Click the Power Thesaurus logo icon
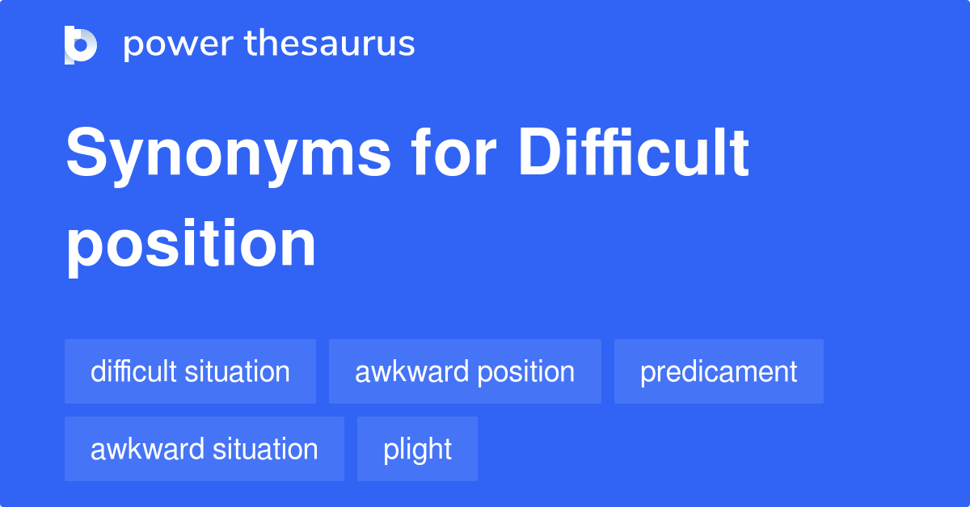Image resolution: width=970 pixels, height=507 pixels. [x=81, y=44]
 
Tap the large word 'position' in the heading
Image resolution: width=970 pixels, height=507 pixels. [x=191, y=245]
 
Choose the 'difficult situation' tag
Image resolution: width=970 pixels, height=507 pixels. [x=190, y=371]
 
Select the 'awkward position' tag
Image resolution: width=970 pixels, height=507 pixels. [x=465, y=371]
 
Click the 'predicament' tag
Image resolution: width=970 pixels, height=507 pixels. [x=719, y=371]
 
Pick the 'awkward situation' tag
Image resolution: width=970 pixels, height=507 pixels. [x=204, y=449]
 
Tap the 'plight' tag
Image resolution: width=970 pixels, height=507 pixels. [x=417, y=449]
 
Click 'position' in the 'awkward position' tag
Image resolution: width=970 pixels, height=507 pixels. [x=526, y=371]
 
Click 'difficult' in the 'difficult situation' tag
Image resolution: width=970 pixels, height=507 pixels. [x=133, y=371]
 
